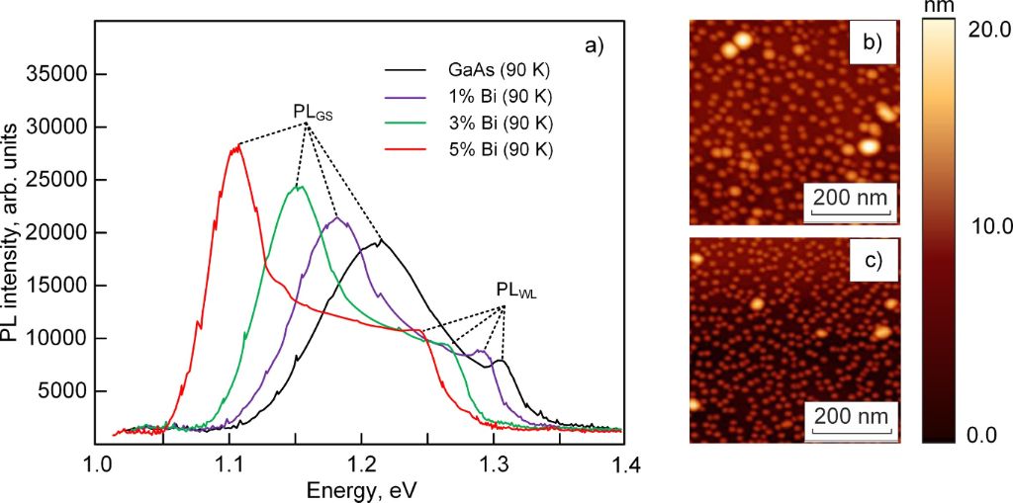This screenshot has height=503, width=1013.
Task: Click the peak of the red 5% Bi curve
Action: tap(236, 146)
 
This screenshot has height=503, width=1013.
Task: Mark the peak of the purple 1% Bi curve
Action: tap(338, 217)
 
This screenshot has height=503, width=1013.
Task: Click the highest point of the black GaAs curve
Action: tap(381, 239)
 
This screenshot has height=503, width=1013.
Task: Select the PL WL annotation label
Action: tap(515, 292)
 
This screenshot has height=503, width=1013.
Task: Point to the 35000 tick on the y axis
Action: tap(57, 74)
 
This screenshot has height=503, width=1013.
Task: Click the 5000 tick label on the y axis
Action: tap(61, 391)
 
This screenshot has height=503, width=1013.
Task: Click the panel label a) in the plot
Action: tap(598, 46)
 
